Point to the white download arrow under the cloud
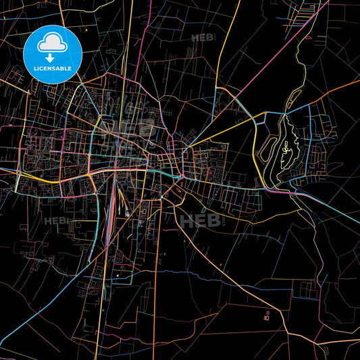point(51,57)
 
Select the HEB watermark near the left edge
point(55,220)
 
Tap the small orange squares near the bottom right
point(267,314)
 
